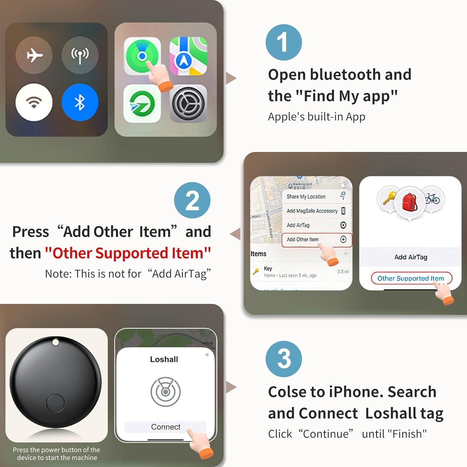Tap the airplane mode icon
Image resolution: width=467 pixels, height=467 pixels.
coord(34,55)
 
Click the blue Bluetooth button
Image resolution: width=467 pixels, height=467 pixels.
coord(80,102)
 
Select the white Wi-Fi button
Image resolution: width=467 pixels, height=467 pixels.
coord(34,102)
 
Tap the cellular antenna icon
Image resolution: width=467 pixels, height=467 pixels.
coord(80,55)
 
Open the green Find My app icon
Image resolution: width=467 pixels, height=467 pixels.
coord(142,56)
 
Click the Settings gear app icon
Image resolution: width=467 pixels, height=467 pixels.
coord(188,103)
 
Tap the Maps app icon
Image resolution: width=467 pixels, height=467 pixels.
coord(188,56)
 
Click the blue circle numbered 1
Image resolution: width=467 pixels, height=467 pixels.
coord(283,42)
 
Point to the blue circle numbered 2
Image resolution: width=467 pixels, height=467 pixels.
coord(192,200)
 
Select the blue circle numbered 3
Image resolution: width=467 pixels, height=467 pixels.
coord(283,359)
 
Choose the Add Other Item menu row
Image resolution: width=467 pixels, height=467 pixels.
coord(316,240)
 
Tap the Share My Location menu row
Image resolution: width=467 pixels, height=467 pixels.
coord(316,196)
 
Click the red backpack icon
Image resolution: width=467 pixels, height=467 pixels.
coord(410,202)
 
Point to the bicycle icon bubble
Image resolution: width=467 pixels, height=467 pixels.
coord(432,199)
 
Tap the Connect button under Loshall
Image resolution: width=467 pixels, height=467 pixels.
coord(165,427)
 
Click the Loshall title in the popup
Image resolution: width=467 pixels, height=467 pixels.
coord(164,359)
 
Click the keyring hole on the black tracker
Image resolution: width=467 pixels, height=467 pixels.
coord(55,342)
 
